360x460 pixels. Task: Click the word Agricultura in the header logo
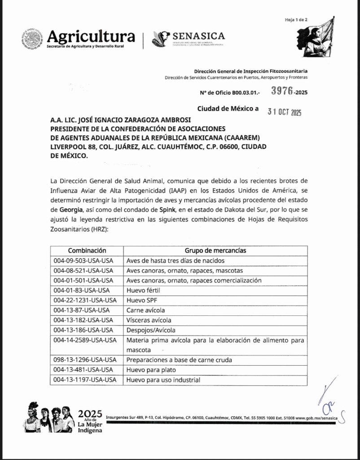[x=91, y=36]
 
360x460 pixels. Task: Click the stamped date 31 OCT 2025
[x=284, y=112]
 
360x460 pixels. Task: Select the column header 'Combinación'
[x=87, y=251]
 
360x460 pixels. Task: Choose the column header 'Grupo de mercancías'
[x=215, y=251]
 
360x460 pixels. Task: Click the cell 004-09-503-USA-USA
[x=83, y=261]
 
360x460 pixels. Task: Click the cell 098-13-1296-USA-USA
[x=85, y=360]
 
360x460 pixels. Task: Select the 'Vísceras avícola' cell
[x=149, y=320]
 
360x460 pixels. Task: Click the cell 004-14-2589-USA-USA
[x=85, y=340]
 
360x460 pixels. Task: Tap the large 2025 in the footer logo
[x=90, y=414]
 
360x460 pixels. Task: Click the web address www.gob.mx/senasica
[x=316, y=418]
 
